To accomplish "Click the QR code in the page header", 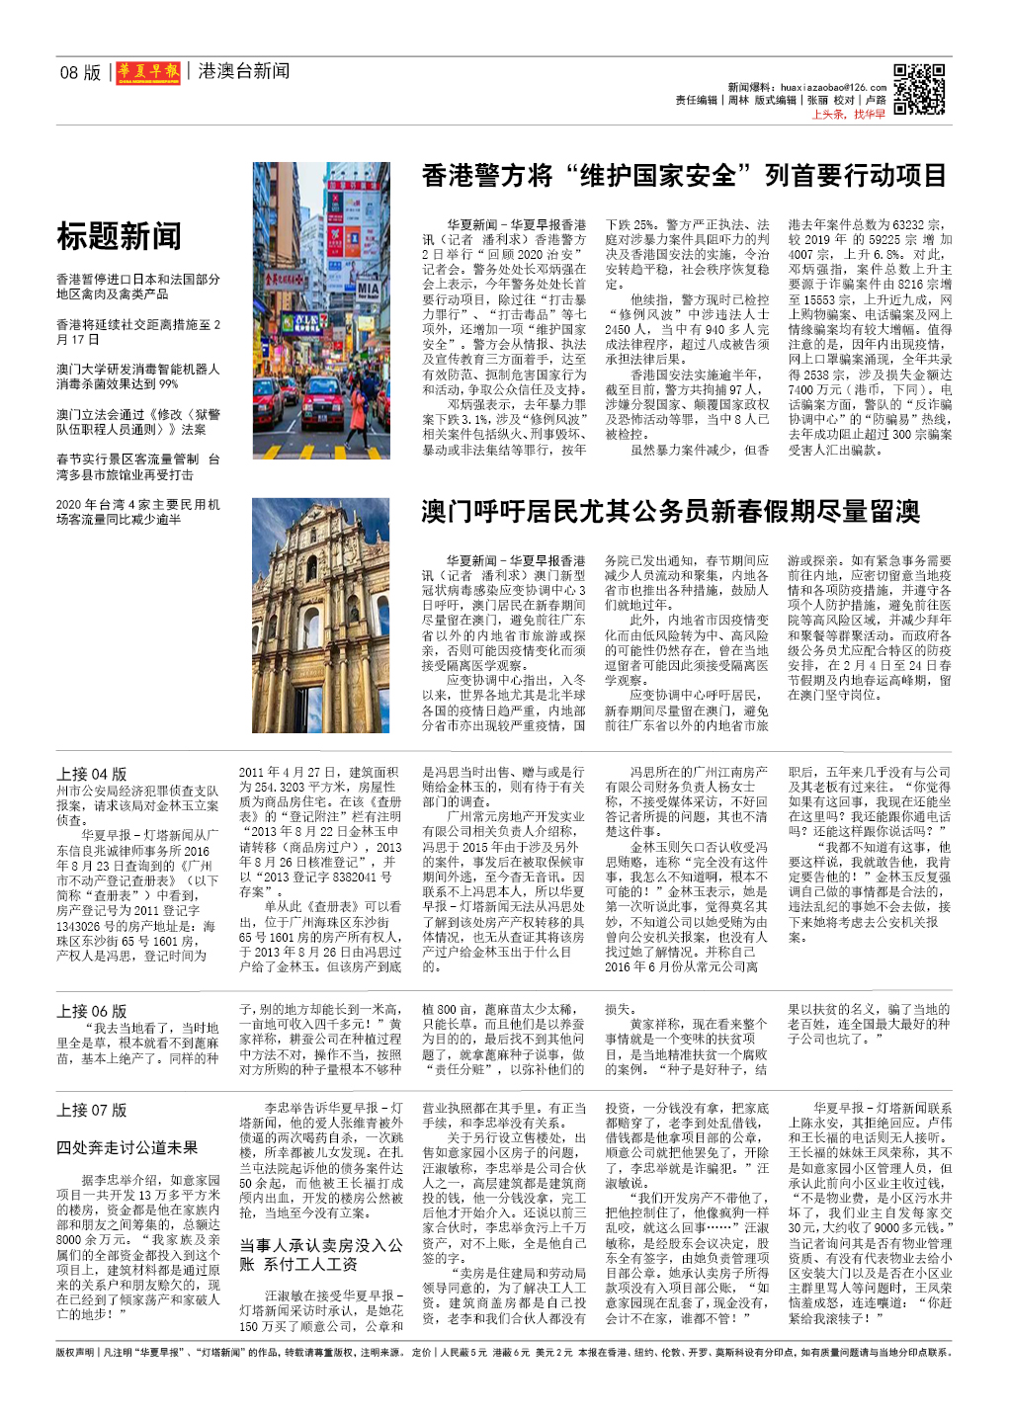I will tap(919, 89).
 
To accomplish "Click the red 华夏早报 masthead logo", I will tap(148, 72).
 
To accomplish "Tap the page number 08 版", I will tap(80, 72).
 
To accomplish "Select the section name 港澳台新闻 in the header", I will tap(243, 71).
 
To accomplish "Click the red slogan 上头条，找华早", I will tap(848, 115).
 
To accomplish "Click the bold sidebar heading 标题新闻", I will tap(119, 236).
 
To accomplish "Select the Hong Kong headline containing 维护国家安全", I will tap(684, 176).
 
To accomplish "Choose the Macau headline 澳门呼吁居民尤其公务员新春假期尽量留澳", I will tap(670, 511).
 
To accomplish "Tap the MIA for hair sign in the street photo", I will tap(369, 290).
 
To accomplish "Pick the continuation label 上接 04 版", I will tap(92, 774).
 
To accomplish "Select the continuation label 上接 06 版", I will tap(92, 1011).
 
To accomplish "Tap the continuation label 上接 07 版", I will tap(92, 1110).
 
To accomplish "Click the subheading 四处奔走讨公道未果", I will tap(126, 1147).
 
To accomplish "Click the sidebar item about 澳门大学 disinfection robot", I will tap(138, 376).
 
